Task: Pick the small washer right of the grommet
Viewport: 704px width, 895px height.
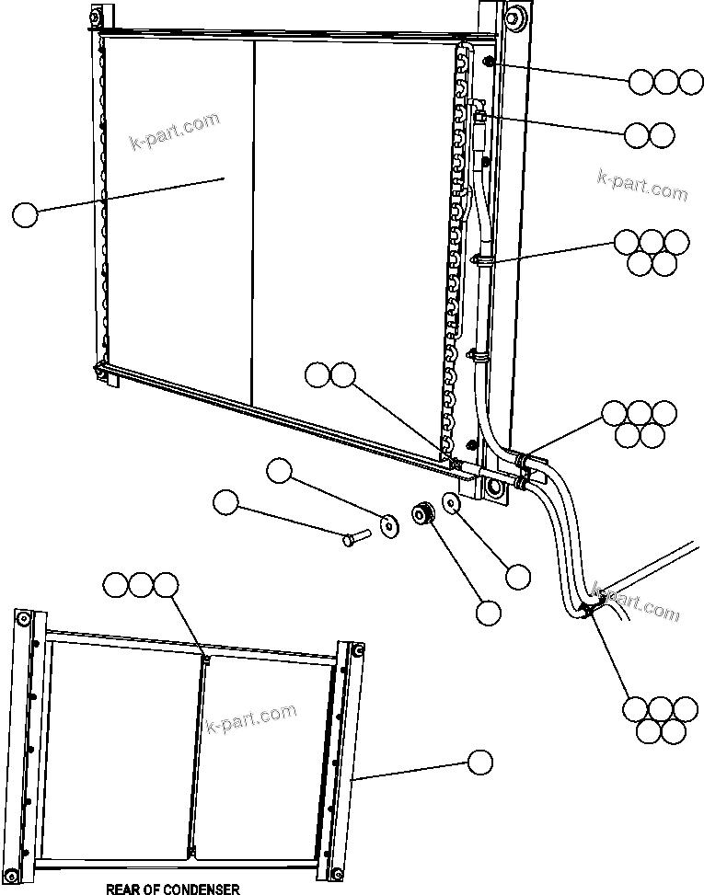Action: [x=452, y=503]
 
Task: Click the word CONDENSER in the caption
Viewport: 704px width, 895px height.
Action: [x=196, y=889]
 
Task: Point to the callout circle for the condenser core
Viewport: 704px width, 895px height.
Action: [x=26, y=215]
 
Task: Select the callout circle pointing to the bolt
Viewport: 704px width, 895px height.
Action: [x=225, y=502]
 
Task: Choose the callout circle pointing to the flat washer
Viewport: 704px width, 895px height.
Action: [x=279, y=473]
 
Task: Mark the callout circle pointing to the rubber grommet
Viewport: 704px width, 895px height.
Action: [x=487, y=613]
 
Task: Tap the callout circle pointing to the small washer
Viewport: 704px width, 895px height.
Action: [x=518, y=577]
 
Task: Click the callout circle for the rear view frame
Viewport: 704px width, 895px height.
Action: [x=479, y=762]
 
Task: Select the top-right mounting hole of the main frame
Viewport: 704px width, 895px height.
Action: [x=511, y=16]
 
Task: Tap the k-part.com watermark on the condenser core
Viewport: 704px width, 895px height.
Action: [x=175, y=134]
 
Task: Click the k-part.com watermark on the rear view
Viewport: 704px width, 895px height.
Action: [x=251, y=719]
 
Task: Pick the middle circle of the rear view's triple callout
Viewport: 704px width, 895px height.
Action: [x=141, y=584]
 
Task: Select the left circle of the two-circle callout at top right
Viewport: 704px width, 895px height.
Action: [x=637, y=135]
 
